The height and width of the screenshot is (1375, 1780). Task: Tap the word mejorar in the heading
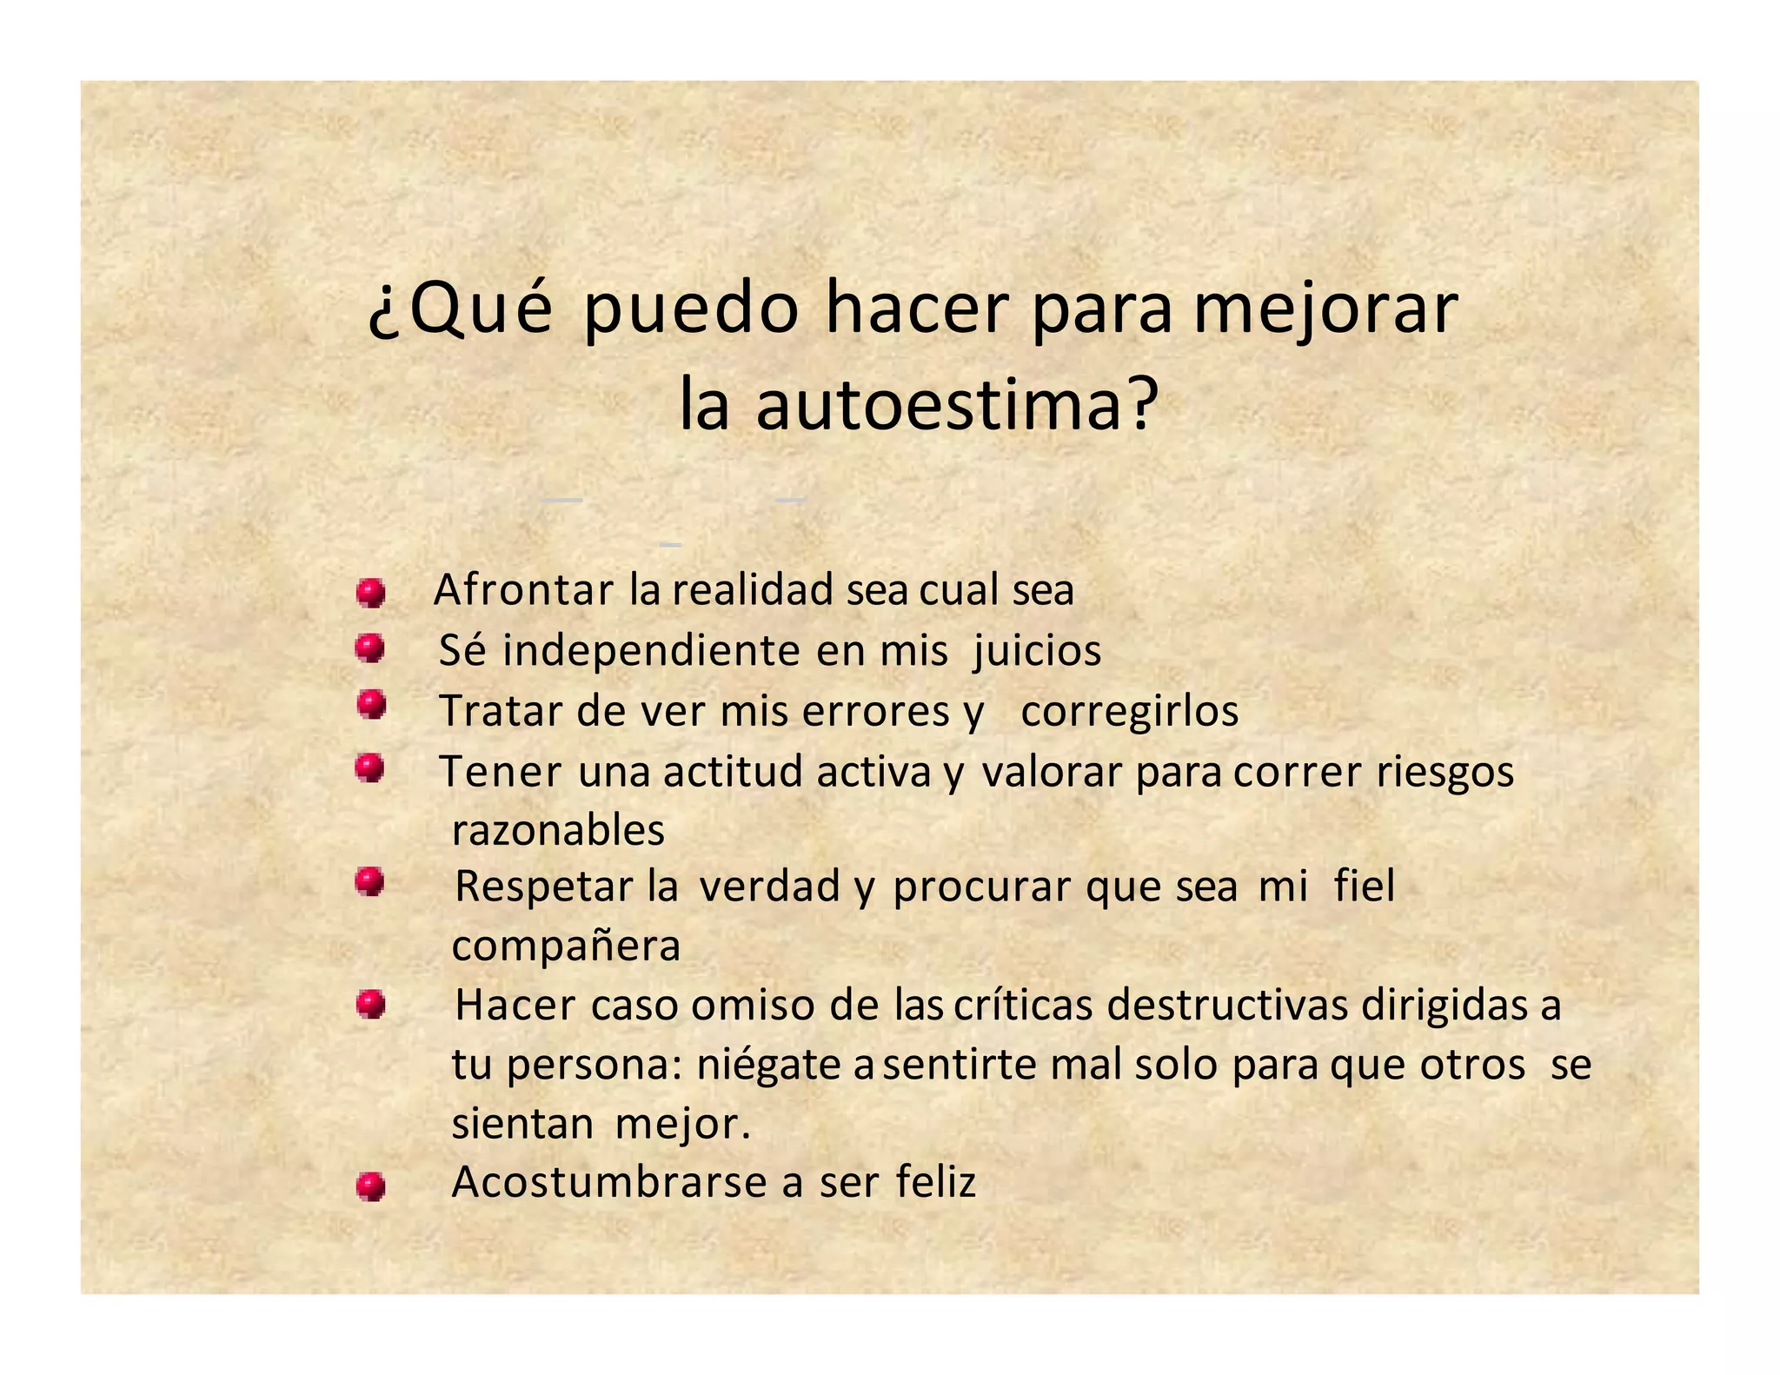(1325, 309)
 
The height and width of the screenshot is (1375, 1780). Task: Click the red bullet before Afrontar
(371, 594)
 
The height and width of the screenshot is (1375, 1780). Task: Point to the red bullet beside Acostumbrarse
(371, 1186)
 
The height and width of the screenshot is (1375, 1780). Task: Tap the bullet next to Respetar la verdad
(370, 882)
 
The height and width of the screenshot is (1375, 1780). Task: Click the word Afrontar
(523, 590)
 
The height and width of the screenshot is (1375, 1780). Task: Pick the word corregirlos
(1129, 711)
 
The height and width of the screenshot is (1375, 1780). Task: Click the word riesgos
(1445, 772)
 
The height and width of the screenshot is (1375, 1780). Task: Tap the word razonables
(558, 831)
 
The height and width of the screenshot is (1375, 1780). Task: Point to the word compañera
(566, 946)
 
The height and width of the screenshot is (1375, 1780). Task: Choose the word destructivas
(1227, 1006)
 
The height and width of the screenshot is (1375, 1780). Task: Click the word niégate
(768, 1065)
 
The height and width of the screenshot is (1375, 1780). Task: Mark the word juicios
(1037, 651)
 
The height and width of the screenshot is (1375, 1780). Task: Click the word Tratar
(501, 711)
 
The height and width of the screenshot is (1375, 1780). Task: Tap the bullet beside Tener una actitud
(370, 768)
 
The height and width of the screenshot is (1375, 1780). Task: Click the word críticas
(1023, 1006)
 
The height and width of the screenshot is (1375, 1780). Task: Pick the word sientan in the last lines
(522, 1124)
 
